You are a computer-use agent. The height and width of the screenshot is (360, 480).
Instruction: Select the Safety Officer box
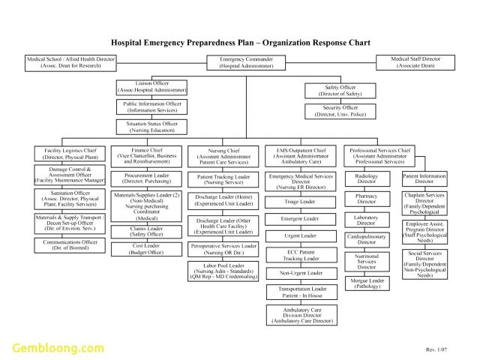click(339, 91)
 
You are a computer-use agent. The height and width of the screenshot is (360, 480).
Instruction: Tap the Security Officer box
click(339, 111)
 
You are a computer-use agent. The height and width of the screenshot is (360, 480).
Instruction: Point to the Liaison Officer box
click(151, 86)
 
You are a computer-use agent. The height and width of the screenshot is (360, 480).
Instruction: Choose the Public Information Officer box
click(151, 106)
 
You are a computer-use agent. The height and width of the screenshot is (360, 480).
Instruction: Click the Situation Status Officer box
click(151, 127)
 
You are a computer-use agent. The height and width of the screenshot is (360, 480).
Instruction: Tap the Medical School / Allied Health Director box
click(70, 62)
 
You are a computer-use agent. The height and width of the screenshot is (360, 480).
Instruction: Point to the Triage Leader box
click(300, 202)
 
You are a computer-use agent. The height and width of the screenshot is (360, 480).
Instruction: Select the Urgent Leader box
click(300, 235)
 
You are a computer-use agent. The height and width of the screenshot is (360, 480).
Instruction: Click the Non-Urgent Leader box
click(300, 273)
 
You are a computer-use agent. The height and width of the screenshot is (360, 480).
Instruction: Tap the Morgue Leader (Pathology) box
click(367, 283)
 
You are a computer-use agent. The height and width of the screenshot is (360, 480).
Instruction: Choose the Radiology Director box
click(367, 178)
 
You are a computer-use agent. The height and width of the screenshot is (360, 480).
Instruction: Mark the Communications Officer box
click(69, 245)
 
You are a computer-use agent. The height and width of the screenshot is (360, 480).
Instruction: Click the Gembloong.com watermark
click(57, 347)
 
